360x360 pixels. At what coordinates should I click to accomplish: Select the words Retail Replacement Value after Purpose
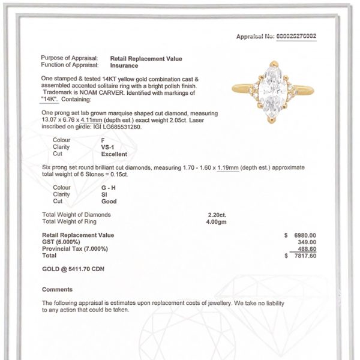pos(146,58)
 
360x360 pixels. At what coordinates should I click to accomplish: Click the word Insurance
pos(127,64)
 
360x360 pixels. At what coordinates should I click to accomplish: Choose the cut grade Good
pos(109,201)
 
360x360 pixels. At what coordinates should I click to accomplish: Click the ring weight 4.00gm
pos(217,221)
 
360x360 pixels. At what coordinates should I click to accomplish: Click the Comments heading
pos(57,289)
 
